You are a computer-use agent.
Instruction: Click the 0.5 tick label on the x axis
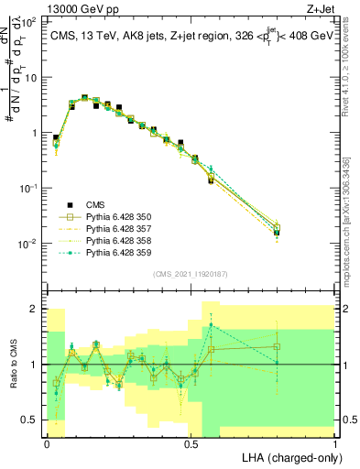pos(191,443)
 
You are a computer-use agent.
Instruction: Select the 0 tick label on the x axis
pos(47,443)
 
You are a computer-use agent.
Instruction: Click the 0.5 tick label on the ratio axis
pos(30,420)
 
